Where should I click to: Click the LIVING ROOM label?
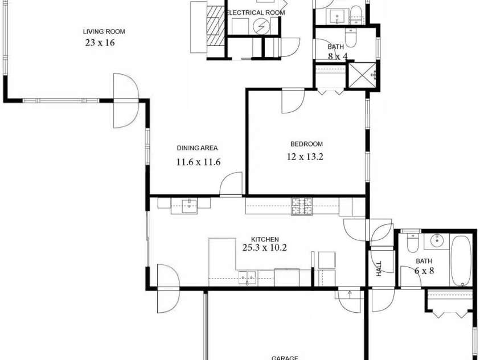pyautogui.click(x=104, y=32)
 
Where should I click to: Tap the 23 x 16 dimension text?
pyautogui.click(x=100, y=43)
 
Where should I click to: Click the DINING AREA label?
pyautogui.click(x=197, y=148)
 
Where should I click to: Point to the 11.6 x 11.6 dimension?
pyautogui.click(x=198, y=162)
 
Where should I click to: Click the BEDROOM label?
pyautogui.click(x=306, y=144)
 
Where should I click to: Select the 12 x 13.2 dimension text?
pyautogui.click(x=305, y=157)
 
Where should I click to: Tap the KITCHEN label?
pyautogui.click(x=265, y=239)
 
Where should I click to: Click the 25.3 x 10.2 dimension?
pyautogui.click(x=265, y=248)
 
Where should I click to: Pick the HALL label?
pyautogui.click(x=379, y=269)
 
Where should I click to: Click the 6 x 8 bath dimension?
pyautogui.click(x=424, y=271)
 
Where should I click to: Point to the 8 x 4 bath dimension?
pyautogui.click(x=337, y=56)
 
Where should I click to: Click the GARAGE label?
pyautogui.click(x=285, y=357)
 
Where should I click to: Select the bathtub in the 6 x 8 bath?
pyautogui.click(x=461, y=260)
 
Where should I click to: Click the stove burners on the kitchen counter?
pyautogui.click(x=302, y=206)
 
